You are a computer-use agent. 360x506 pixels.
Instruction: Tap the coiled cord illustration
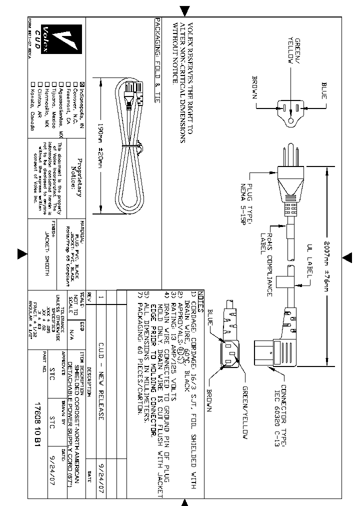coord(128,145)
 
